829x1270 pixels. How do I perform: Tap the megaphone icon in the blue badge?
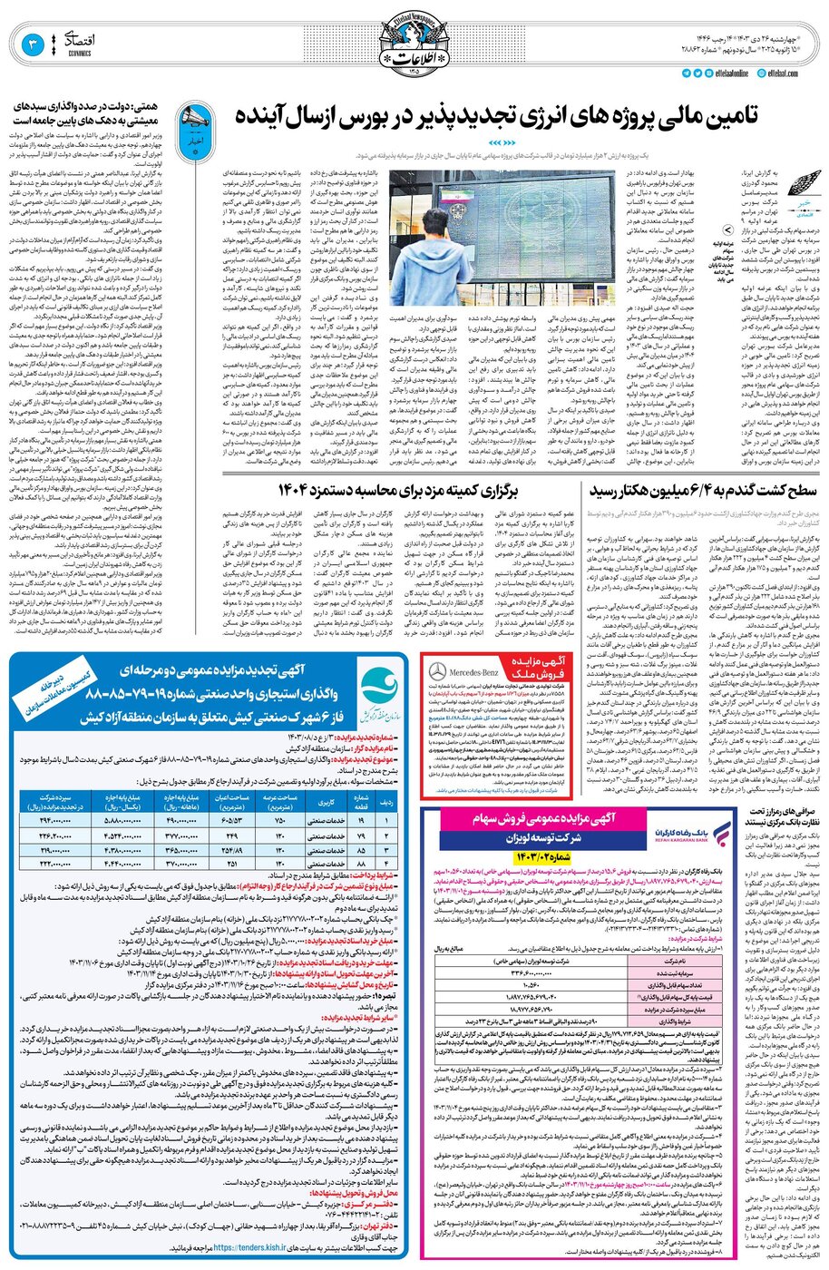pos(193,117)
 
